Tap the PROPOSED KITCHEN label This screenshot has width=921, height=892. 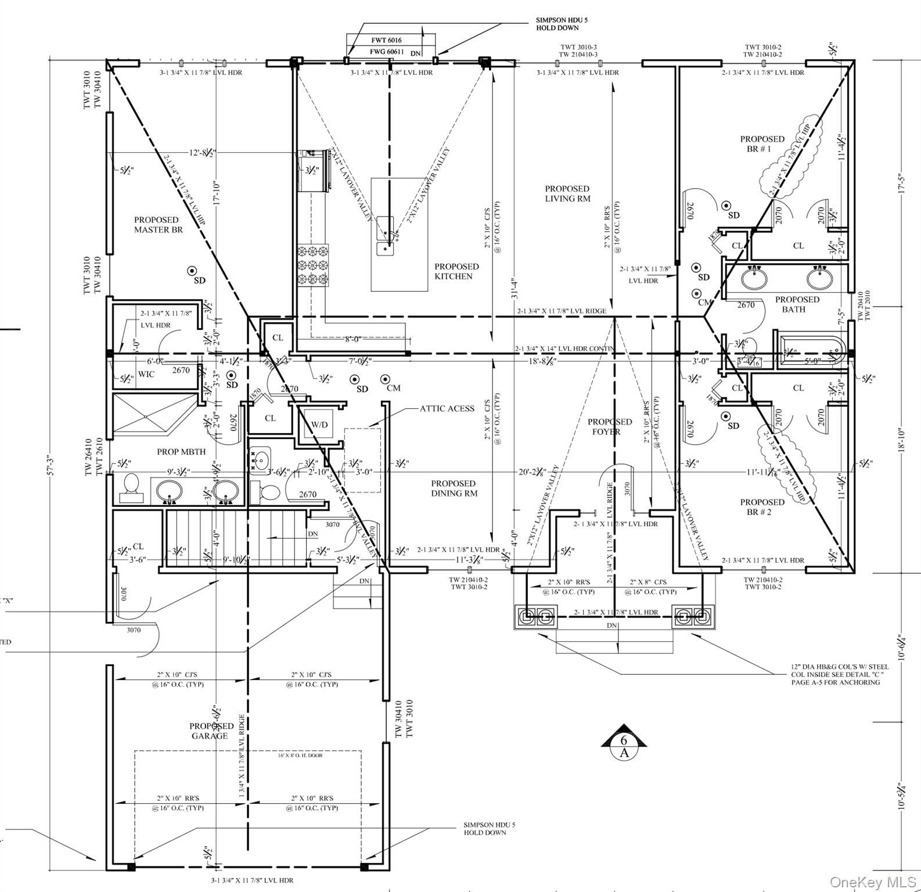click(x=456, y=271)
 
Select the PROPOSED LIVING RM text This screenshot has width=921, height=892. click(x=567, y=193)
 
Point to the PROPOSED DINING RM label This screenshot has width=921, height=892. click(x=454, y=488)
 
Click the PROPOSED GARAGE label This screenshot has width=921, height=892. click(x=211, y=731)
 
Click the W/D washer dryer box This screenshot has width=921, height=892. click(x=319, y=425)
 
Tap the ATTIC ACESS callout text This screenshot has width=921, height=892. click(x=447, y=408)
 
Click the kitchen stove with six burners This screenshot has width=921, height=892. click(x=313, y=265)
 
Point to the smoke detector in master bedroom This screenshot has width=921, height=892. click(x=192, y=270)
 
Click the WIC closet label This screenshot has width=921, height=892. click(x=146, y=374)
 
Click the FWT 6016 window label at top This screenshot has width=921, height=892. click(x=386, y=40)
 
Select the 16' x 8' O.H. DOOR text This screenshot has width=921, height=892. click(x=300, y=756)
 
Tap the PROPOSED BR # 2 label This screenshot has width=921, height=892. click(x=762, y=507)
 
